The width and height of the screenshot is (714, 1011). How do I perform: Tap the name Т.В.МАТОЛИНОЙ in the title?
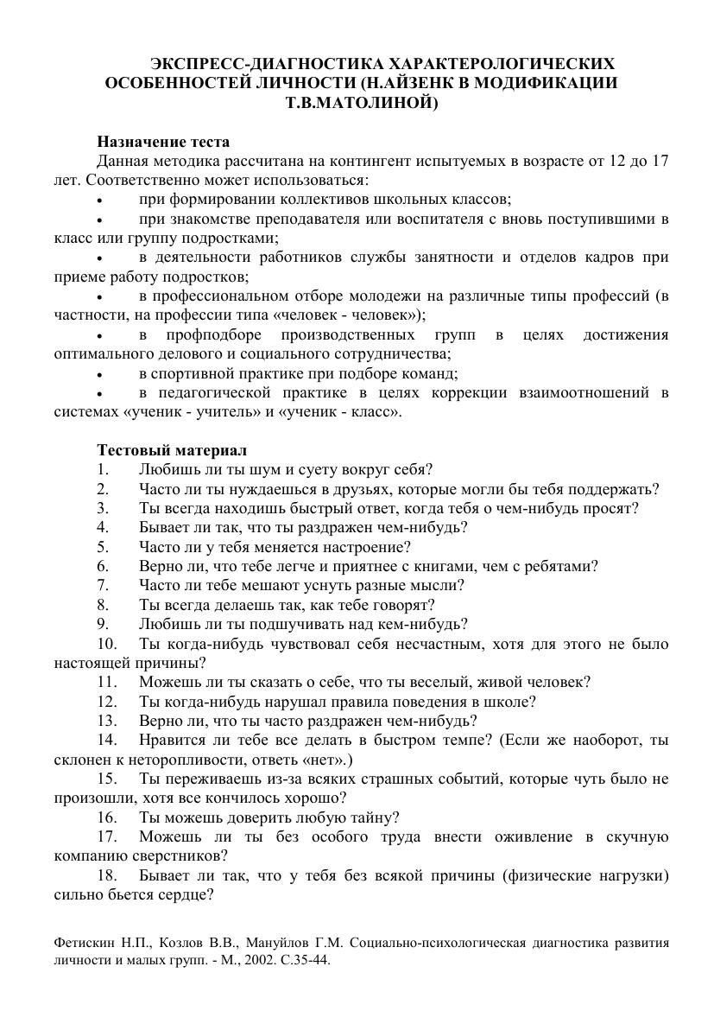(362, 103)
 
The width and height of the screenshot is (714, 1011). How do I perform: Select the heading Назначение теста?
(163, 142)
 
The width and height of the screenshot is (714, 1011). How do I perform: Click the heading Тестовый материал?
(172, 450)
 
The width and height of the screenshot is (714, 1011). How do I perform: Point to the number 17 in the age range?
(660, 161)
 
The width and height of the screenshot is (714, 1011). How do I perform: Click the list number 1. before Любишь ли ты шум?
(103, 470)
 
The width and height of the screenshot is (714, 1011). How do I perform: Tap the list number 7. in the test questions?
(103, 585)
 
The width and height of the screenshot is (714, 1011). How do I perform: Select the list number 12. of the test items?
(107, 702)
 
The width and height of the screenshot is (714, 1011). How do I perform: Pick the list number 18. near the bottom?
(107, 876)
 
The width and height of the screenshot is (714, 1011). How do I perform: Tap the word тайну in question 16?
(371, 817)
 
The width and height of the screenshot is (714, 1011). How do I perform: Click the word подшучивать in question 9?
(278, 624)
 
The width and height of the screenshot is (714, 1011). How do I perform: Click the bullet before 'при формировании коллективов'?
(100, 200)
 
